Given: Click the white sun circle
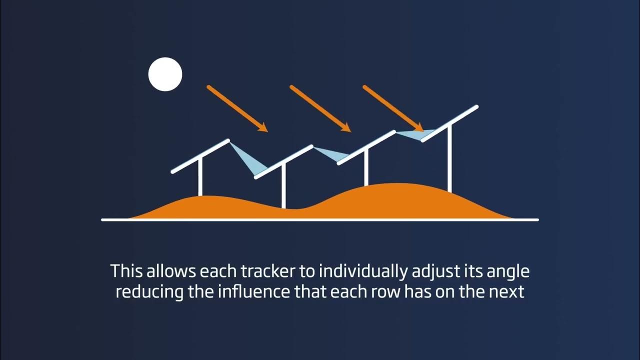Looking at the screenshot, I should tap(165, 74).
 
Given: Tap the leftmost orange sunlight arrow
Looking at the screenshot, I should tap(237, 108).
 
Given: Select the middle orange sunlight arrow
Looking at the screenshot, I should tap(320, 108).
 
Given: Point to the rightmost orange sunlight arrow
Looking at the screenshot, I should tap(393, 107).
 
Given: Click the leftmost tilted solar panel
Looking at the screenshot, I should tap(200, 155).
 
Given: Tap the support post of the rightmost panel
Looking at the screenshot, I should tap(449, 160).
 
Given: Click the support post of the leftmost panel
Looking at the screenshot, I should tap(200, 177).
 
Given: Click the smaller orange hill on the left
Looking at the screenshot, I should tap(205, 207).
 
